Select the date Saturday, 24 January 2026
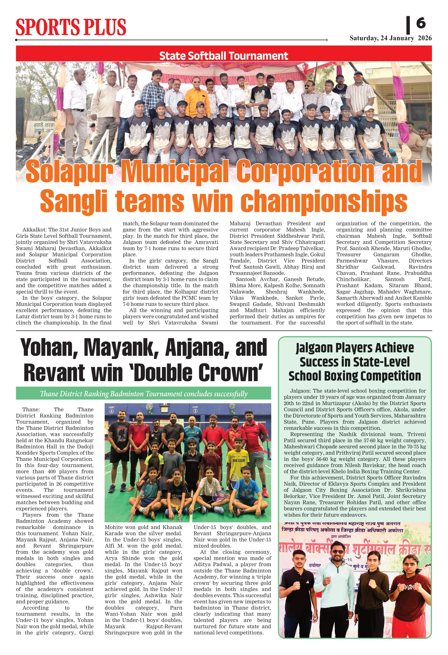tap(391, 38)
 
